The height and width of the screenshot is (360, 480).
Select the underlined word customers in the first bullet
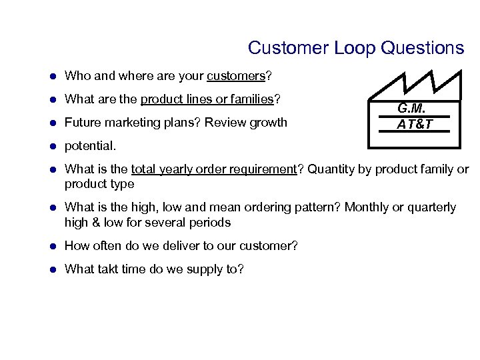click(x=236, y=76)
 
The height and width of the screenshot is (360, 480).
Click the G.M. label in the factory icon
click(x=411, y=109)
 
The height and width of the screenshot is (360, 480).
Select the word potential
click(x=89, y=145)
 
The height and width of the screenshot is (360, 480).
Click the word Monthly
click(x=367, y=207)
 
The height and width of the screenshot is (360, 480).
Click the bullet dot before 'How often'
click(x=53, y=246)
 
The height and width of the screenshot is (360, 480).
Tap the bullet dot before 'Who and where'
click(x=53, y=76)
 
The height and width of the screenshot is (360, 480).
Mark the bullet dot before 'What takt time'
click(x=53, y=269)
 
